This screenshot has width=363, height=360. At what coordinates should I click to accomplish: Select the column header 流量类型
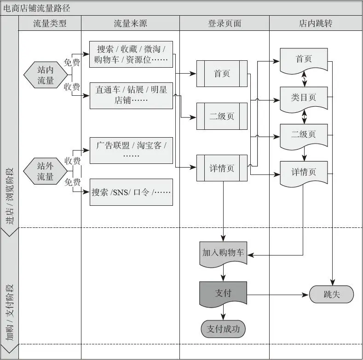coord(50,23)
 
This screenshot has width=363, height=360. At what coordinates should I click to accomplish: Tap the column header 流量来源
coord(130,23)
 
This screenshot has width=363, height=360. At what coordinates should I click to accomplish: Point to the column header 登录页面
coord(224,23)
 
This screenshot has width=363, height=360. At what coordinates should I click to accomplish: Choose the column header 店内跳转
coord(316,23)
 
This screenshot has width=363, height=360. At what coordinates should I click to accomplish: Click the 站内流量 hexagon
coord(46,75)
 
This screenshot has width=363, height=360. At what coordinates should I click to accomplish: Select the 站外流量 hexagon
coord(46,171)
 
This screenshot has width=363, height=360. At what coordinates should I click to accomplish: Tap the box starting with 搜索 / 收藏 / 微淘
coord(131,54)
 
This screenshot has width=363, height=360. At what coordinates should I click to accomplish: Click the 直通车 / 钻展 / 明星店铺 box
coord(131,95)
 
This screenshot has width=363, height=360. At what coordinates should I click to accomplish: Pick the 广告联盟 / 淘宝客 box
coord(131,150)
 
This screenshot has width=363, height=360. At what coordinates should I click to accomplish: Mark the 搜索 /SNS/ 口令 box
coord(131,192)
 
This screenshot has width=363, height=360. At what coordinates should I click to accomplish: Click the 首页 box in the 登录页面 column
coord(222,74)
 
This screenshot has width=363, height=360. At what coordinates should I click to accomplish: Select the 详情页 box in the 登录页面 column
coord(222,168)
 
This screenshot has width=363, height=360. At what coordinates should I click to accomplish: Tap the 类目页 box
coord(304,99)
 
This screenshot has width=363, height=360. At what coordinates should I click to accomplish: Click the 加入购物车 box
coord(223,254)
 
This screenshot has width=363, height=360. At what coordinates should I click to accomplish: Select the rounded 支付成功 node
coord(223,329)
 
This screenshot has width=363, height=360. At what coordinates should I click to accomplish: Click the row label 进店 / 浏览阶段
coord(9,196)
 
